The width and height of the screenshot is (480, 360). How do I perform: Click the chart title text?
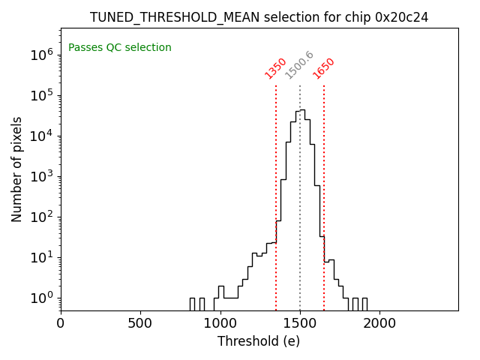259,17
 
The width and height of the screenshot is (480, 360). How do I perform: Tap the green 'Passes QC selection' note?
120,48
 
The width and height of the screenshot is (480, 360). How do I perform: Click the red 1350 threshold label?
276,68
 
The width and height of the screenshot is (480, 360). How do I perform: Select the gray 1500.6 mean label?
299,65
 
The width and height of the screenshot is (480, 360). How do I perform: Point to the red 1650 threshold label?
324,68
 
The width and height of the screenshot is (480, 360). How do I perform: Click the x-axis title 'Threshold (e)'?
259,341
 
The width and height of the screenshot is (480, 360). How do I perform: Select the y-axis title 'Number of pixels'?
17,169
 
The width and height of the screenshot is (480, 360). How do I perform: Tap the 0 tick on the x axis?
61,323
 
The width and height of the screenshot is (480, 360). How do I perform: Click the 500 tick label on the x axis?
140,323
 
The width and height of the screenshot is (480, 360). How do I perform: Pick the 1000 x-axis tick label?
220,323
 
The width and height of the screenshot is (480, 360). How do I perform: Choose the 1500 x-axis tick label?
300,323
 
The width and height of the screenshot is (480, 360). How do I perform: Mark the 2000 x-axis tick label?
379,323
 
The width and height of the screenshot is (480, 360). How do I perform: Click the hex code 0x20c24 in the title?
401,17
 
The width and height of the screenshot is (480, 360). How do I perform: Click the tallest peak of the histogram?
302,110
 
